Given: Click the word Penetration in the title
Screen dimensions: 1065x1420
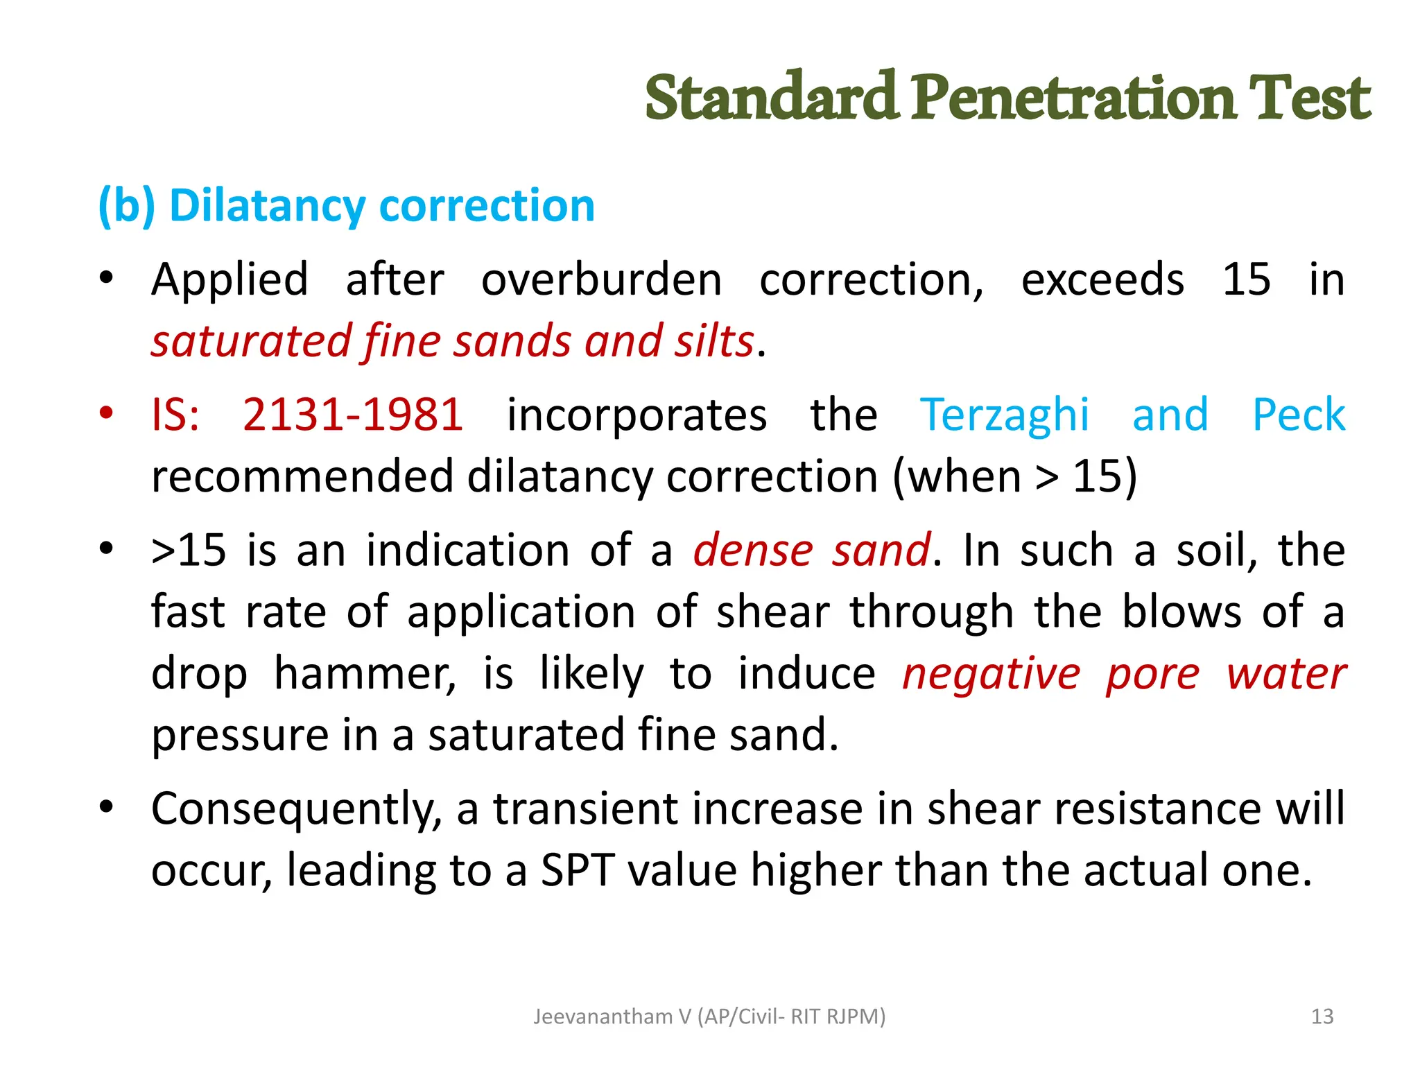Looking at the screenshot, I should click(1073, 98).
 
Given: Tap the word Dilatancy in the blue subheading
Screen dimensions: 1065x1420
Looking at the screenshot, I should click(267, 206).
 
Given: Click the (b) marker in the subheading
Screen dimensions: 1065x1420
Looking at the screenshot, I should click(126, 206).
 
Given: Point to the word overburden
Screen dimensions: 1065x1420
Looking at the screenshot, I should click(601, 280).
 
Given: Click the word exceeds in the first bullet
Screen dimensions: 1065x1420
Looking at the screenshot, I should click(1102, 280).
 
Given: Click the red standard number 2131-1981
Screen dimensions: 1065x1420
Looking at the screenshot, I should click(353, 415).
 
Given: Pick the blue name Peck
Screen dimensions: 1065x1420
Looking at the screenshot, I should click(1299, 415).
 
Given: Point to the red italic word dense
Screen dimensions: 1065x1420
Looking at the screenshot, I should click(753, 550).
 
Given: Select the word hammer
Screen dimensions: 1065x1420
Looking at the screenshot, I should click(365, 673).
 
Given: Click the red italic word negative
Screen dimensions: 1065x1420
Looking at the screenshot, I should click(991, 675).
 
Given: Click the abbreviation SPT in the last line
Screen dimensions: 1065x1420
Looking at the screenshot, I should click(577, 870).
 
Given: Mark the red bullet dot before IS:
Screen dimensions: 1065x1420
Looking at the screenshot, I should click(106, 413).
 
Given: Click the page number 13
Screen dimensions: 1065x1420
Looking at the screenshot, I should click(1322, 1016).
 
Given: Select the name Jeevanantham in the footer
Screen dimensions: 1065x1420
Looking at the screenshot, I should click(603, 1016).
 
